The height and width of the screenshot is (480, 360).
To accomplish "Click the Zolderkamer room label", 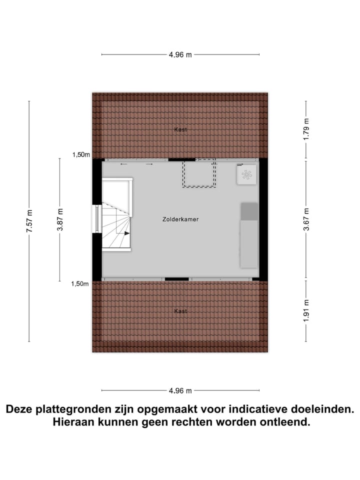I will pyautogui.click(x=180, y=219).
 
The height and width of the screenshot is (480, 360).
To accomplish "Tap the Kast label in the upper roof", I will pyautogui.click(x=180, y=129).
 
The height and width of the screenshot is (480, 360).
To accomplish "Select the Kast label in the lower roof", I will pyautogui.click(x=180, y=311).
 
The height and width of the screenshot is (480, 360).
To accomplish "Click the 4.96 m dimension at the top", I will pyautogui.click(x=180, y=55).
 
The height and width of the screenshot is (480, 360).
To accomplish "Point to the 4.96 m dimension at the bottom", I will pyautogui.click(x=180, y=391).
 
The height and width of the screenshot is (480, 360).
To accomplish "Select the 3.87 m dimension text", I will pyautogui.click(x=60, y=219).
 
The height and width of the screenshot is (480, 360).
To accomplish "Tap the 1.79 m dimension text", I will pyautogui.click(x=306, y=129).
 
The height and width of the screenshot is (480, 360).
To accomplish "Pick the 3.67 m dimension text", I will pyautogui.click(x=306, y=219).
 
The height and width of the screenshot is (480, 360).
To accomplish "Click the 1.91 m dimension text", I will pyautogui.click(x=306, y=310).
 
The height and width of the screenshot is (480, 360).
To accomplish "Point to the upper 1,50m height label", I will pyautogui.click(x=80, y=155).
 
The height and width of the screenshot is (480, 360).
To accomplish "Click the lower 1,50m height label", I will pyautogui.click(x=80, y=284).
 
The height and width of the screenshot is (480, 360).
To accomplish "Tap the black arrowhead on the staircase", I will pyautogui.click(x=127, y=232).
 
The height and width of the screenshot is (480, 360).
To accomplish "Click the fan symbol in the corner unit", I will pyautogui.click(x=246, y=174).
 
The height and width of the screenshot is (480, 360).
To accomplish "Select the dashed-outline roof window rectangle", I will pyautogui.click(x=199, y=173).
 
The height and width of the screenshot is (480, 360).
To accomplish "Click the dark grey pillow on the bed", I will pyautogui.click(x=249, y=211).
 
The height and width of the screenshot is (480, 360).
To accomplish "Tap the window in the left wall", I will pyautogui.click(x=97, y=218).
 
